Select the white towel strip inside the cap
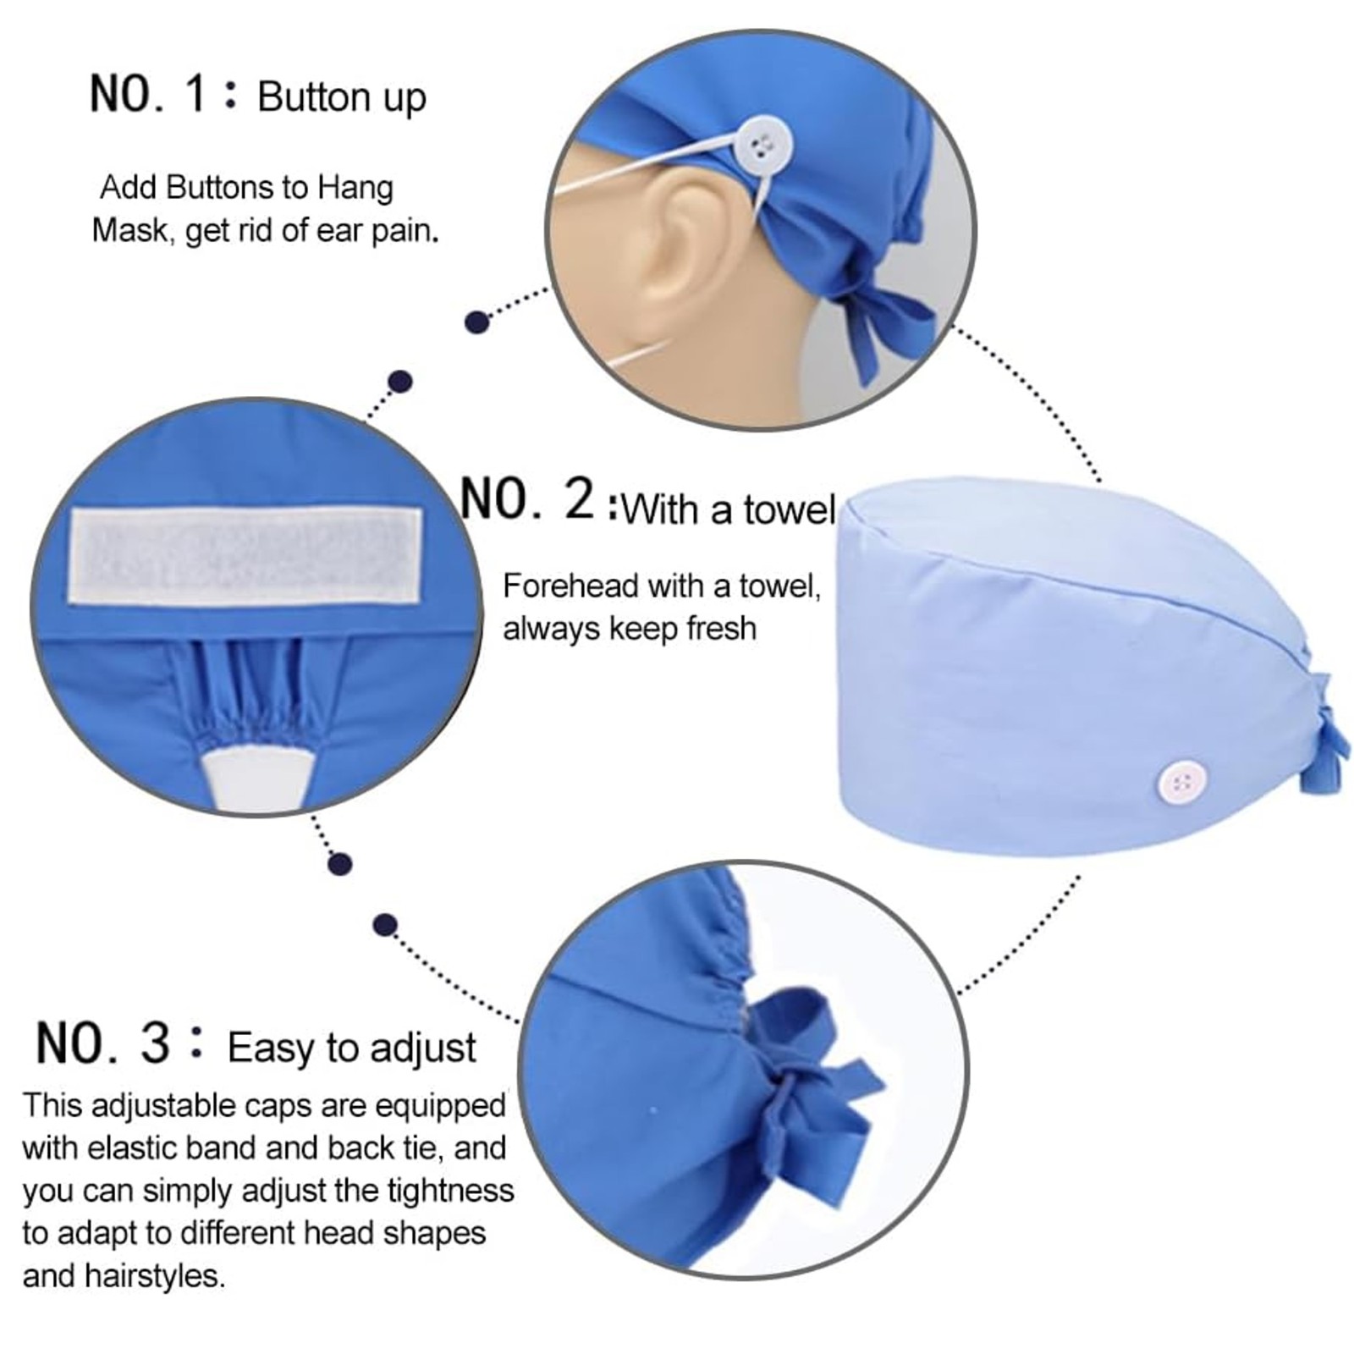coord(245,557)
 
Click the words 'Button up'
coord(341,98)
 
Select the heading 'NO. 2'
coord(528,499)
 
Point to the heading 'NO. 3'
coord(103,1043)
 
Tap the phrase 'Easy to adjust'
coord(351,1048)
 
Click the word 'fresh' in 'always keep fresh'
coord(721,629)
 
